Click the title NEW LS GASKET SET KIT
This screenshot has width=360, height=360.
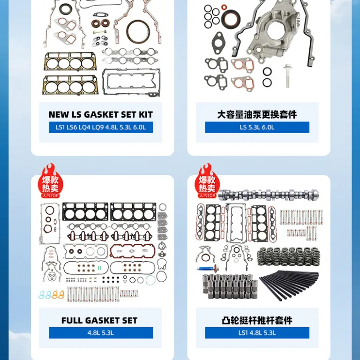click(101, 114)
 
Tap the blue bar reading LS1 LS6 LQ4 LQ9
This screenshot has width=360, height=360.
click(101, 127)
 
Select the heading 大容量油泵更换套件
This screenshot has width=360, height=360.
click(257, 114)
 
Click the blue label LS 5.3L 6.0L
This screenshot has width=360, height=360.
click(257, 127)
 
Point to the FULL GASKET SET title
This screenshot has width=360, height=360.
click(99, 321)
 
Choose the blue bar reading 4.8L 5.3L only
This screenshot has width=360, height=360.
click(101, 333)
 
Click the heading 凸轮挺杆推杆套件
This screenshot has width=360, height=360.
click(257, 321)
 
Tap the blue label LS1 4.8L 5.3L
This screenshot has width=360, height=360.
click(257, 333)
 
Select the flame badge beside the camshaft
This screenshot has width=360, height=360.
click(207, 181)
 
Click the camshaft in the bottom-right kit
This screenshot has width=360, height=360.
click(268, 195)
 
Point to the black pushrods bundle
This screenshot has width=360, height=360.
click(289, 285)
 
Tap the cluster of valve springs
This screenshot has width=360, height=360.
click(289, 257)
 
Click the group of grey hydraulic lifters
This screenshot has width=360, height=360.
click(230, 287)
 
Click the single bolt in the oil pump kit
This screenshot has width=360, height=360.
click(287, 76)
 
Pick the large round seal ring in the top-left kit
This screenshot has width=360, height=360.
click(138, 32)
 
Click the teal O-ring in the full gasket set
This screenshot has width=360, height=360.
click(150, 280)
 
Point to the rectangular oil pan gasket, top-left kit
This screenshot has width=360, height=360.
click(131, 82)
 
